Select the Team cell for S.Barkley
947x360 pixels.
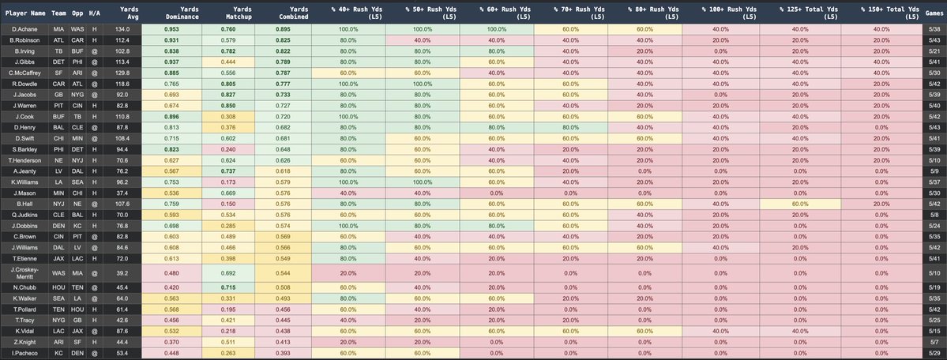click(x=57, y=171)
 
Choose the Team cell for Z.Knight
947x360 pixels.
click(x=57, y=342)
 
